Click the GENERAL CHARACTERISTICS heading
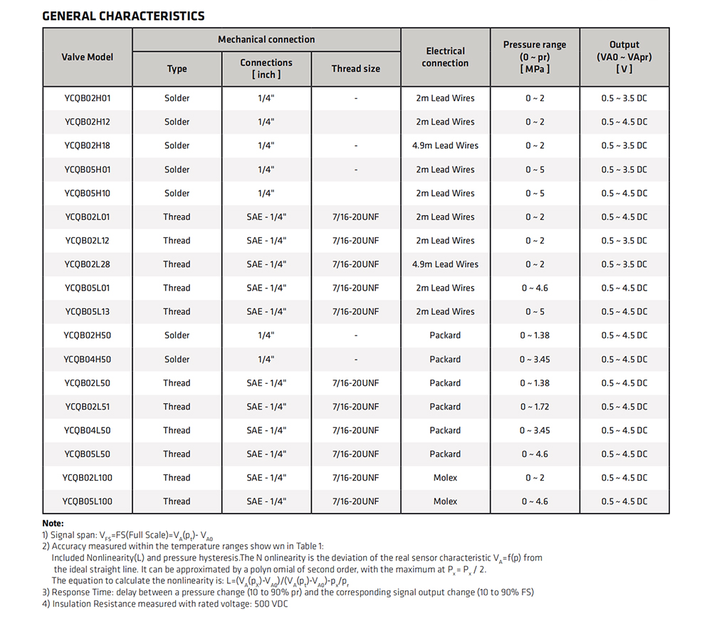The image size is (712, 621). [x=123, y=16]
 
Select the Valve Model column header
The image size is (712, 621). [x=87, y=57]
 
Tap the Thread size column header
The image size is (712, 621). [x=355, y=68]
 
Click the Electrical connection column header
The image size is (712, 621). [x=445, y=57]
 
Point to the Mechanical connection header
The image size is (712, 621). [x=266, y=39]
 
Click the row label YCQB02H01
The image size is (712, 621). [x=87, y=98]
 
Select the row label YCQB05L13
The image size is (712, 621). [x=87, y=312]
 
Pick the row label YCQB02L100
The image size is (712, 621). [x=87, y=477]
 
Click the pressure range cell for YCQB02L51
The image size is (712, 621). [x=535, y=407]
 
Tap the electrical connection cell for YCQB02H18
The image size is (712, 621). [x=445, y=145]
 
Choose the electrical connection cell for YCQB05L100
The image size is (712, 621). [x=445, y=501]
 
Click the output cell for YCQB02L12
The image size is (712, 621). [x=624, y=240]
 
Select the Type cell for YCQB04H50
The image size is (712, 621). [x=177, y=360]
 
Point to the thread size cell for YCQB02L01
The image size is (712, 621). [x=355, y=216]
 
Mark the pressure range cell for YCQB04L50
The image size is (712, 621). [x=535, y=430]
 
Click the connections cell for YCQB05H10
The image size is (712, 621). [x=266, y=193]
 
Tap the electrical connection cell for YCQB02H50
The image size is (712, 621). [x=445, y=335]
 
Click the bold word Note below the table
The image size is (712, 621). [x=53, y=523]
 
